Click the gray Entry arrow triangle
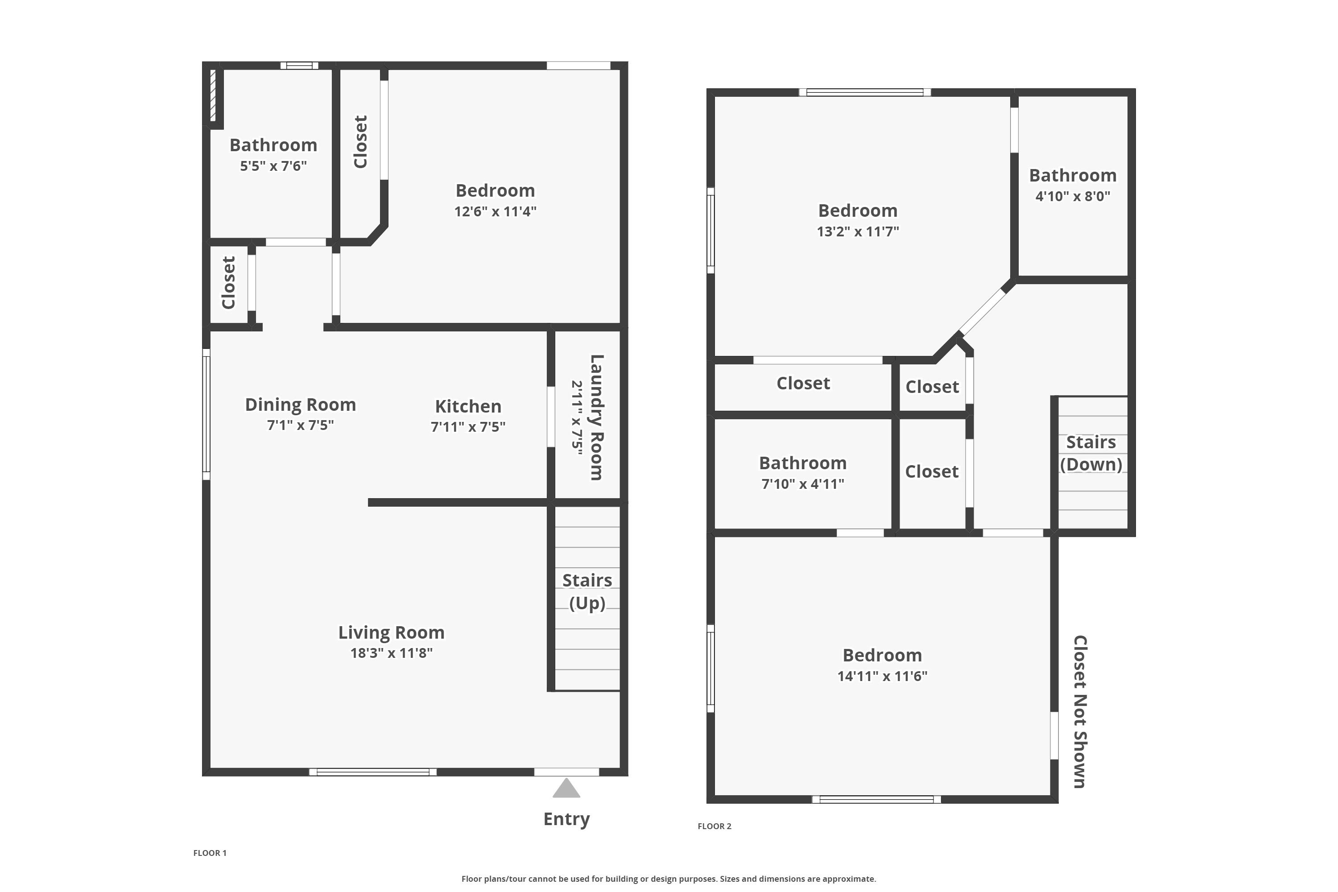coord(566,789)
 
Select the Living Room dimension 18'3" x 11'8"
coord(392,653)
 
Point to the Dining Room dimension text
coord(300,425)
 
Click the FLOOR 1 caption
coord(210,853)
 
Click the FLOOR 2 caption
coord(714,826)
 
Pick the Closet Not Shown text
coord(1080,712)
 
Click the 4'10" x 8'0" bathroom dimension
coord(1072,196)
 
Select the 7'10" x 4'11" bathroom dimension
coord(803,484)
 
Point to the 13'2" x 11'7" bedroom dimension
coord(858,231)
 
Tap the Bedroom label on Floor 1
coord(495,190)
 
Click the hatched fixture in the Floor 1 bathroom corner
coord(213,95)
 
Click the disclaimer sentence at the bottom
coord(669,879)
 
